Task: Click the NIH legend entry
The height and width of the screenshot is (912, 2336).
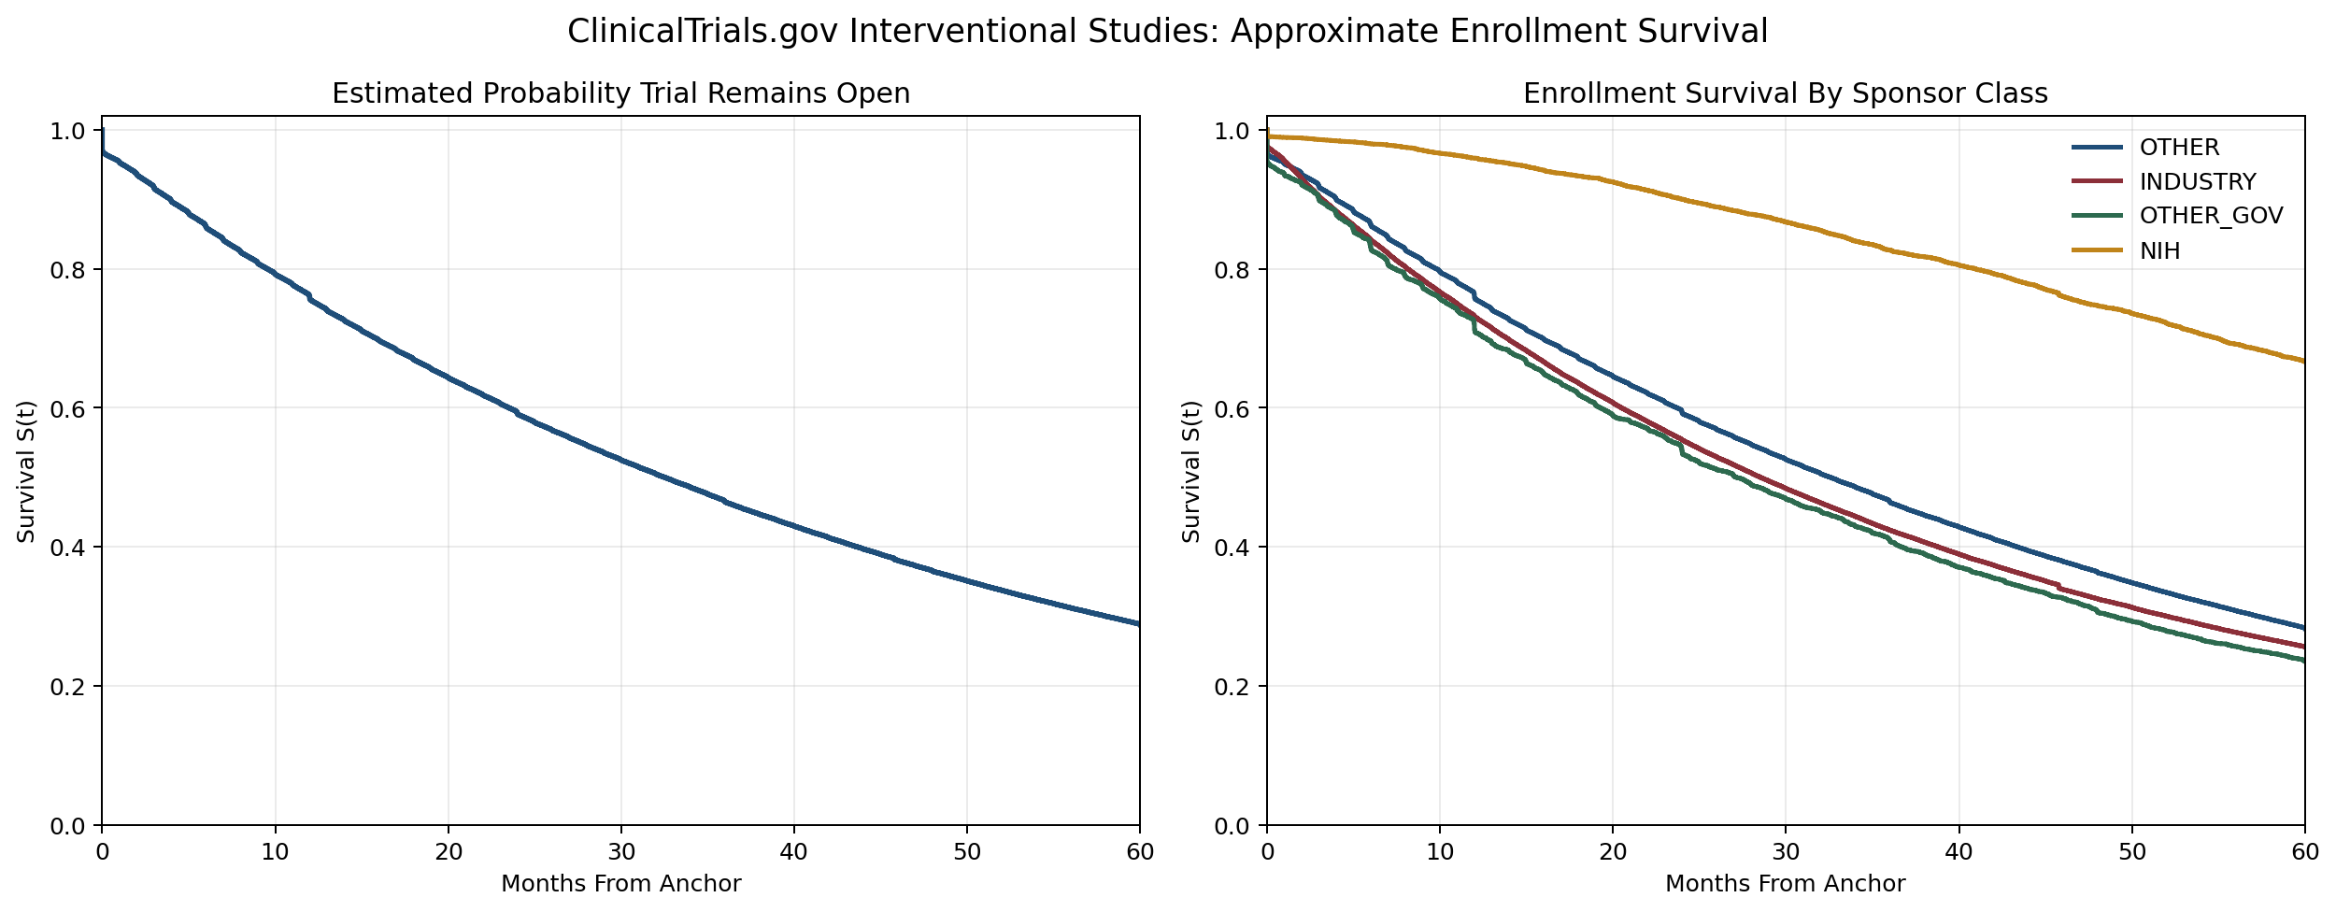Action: tap(2159, 250)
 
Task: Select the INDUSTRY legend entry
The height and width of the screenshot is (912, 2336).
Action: tap(2197, 182)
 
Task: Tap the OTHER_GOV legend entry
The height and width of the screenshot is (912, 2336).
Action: tap(2211, 216)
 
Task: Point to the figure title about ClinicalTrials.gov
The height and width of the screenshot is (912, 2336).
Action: tap(1167, 32)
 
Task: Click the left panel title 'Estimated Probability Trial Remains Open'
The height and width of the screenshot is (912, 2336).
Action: tap(620, 93)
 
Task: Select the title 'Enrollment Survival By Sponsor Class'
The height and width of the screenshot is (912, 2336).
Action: tap(1785, 93)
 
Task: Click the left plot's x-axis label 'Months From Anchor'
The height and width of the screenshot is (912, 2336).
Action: tap(620, 884)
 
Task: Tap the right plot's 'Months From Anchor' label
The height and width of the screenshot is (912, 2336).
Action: tap(1785, 884)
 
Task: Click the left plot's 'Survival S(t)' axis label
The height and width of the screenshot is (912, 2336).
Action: tap(26, 471)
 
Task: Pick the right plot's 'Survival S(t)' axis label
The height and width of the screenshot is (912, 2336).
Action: tap(1190, 471)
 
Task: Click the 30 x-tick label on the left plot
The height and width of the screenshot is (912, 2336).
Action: tap(620, 851)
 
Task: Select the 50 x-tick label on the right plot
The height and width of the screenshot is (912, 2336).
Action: tap(2131, 851)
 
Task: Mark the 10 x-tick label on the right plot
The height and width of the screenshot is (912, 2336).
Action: tap(1439, 851)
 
